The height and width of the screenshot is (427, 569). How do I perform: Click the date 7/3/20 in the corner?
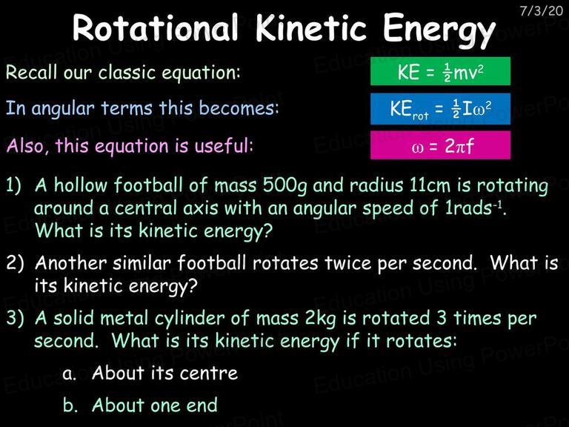pyautogui.click(x=541, y=11)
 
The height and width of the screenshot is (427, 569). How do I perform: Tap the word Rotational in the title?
pyautogui.click(x=156, y=28)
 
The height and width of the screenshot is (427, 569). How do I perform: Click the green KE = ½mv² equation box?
pyautogui.click(x=440, y=71)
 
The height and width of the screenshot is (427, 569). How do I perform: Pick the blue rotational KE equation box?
pyautogui.click(x=440, y=108)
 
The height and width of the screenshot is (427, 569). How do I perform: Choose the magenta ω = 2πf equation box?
pyautogui.click(x=440, y=145)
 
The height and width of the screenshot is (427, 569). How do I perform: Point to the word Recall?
pyautogui.click(x=32, y=71)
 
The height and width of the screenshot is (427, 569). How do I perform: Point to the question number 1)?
pyautogui.click(x=13, y=185)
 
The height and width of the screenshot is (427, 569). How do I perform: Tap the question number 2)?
pyautogui.click(x=15, y=263)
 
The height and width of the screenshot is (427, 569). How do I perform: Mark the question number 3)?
pyautogui.click(x=15, y=318)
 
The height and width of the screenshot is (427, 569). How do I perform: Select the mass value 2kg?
pyautogui.click(x=320, y=319)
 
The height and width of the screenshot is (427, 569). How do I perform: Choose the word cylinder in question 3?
pyautogui.click(x=190, y=320)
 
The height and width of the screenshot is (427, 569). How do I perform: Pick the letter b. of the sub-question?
pyautogui.click(x=70, y=405)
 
